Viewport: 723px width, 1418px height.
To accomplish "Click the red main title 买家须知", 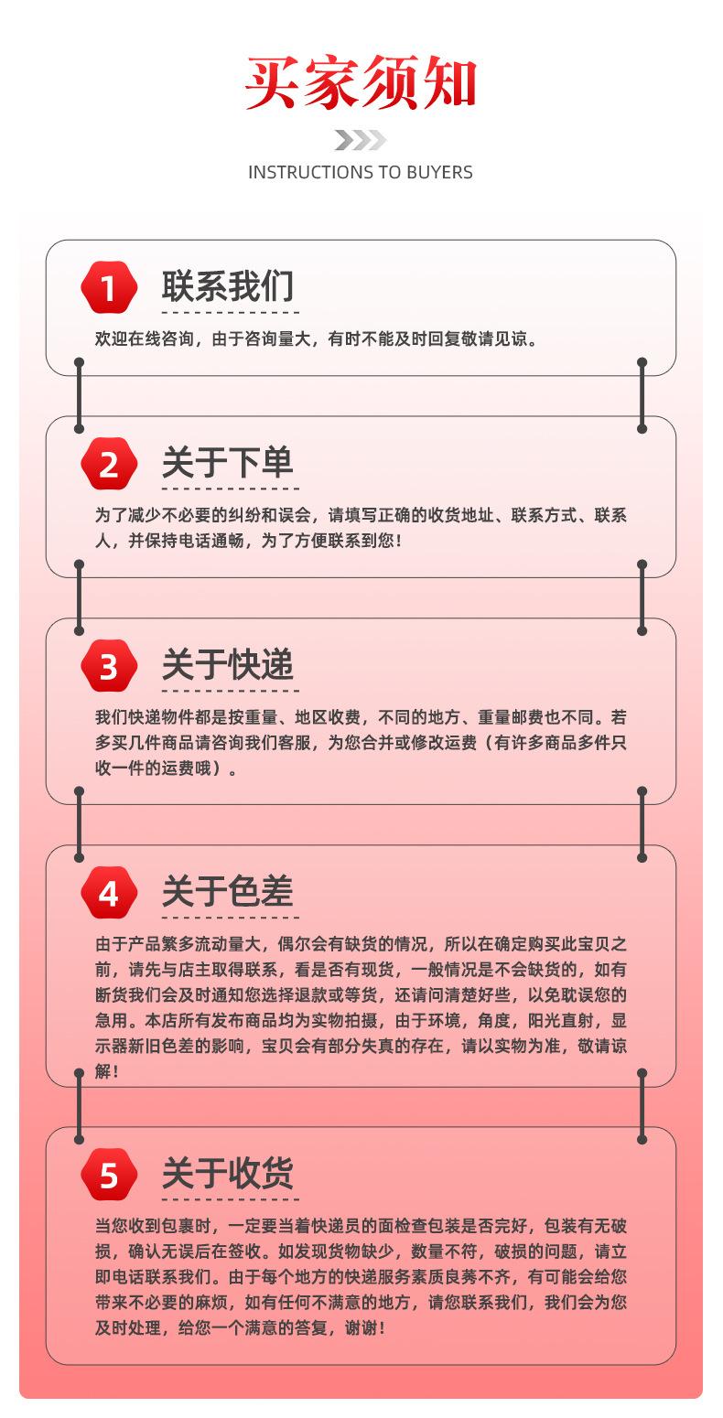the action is point(361,84).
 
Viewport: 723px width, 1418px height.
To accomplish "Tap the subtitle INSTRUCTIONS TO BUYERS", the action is point(361,172).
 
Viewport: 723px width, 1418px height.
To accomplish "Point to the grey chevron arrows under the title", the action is point(360,140).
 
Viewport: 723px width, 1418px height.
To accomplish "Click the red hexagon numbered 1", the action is point(109,287).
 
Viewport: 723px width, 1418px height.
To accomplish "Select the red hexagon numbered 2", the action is point(109,464).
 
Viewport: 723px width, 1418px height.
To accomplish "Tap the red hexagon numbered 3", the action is point(109,666).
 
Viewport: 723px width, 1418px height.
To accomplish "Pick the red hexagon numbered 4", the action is point(109,893).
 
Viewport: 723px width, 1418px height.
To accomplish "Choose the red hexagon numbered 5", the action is point(109,1174).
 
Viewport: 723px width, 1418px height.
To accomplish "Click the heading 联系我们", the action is point(228,285).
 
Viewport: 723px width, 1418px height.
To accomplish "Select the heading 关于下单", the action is point(228,462).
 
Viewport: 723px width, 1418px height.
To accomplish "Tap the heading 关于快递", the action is point(228,664).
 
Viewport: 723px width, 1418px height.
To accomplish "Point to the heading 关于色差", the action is point(228,891).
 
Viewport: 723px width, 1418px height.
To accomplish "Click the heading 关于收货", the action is point(228,1172).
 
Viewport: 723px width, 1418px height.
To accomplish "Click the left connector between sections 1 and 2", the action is point(80,395).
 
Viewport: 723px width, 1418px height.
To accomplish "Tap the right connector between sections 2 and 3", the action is point(642,597).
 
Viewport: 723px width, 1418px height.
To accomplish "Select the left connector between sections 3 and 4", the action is point(80,824).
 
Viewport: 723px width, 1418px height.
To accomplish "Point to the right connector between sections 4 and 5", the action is point(642,1106).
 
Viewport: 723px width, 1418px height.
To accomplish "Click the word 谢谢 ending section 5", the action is point(364,1327).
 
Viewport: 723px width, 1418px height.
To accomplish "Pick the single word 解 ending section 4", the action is point(103,1071).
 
